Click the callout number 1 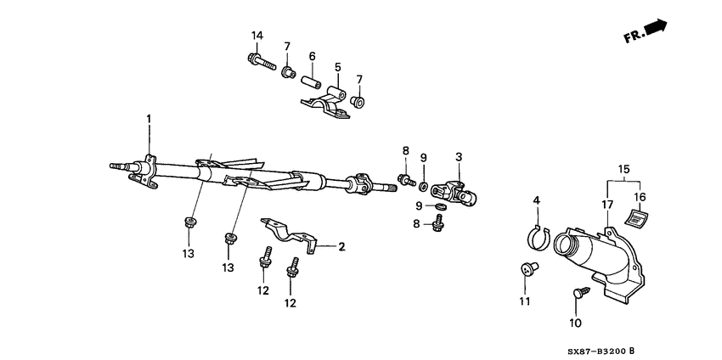[149, 118]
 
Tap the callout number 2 [341, 247]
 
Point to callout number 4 [536, 200]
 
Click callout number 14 [257, 35]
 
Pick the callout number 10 [575, 323]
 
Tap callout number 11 [524, 301]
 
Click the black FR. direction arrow [655, 28]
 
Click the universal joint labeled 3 [457, 194]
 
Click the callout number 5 [337, 66]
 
